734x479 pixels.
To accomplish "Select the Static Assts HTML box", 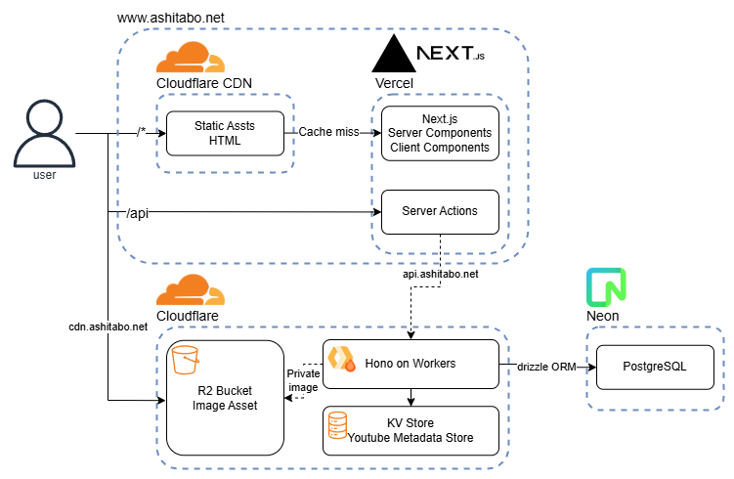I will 224,132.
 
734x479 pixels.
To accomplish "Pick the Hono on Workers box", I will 410,364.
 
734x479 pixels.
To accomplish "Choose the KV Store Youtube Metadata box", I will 410,430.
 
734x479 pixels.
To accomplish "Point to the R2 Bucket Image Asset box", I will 225,398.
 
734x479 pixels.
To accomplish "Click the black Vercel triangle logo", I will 393,54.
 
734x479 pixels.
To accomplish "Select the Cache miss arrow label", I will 327,132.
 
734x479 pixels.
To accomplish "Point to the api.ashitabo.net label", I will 442,275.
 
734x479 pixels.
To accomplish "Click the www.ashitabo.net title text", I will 170,19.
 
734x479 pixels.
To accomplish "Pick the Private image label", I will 303,378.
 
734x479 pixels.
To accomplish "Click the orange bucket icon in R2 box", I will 186,359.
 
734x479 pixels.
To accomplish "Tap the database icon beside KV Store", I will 338,424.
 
